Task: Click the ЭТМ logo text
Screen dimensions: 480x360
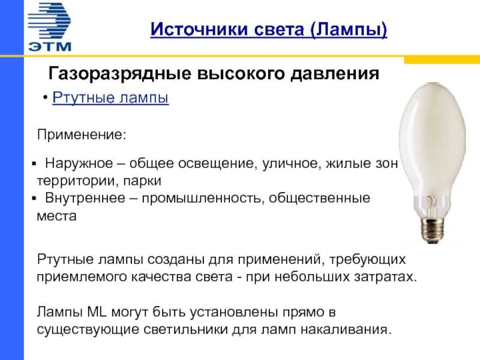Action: pyautogui.click(x=50, y=46)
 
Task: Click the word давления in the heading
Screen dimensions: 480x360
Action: pyautogui.click(x=335, y=74)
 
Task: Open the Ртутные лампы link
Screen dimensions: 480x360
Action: pyautogui.click(x=110, y=98)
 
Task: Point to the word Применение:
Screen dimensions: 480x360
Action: pyautogui.click(x=82, y=134)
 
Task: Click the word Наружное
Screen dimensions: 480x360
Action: pyautogui.click(x=79, y=163)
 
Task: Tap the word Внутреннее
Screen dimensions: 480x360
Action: pyautogui.click(x=85, y=198)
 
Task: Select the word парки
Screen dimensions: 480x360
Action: pyautogui.click(x=142, y=181)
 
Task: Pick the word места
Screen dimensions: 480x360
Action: pyautogui.click(x=56, y=216)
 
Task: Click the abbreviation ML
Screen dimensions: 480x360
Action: pyautogui.click(x=97, y=312)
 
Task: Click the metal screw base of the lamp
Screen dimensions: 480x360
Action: pyautogui.click(x=432, y=230)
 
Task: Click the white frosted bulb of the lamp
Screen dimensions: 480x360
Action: pyautogui.click(x=432, y=144)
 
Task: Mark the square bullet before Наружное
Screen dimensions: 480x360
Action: pyautogui.click(x=34, y=164)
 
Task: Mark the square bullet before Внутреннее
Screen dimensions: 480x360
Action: pyautogui.click(x=34, y=199)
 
